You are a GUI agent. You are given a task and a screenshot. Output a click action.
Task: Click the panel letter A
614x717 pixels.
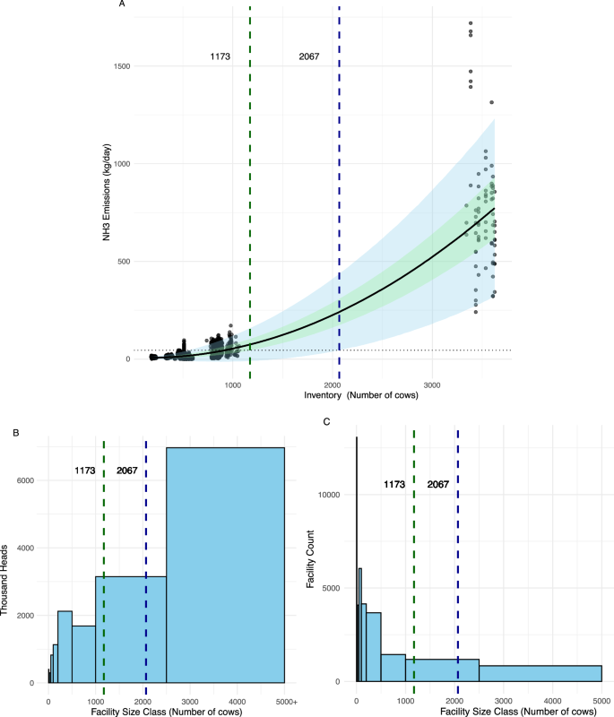point(122,4)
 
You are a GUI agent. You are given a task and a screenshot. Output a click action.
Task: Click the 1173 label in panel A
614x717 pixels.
point(221,56)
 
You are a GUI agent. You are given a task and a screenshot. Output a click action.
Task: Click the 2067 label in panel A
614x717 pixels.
point(309,56)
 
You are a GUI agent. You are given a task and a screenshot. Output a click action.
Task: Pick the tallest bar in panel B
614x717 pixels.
point(225,565)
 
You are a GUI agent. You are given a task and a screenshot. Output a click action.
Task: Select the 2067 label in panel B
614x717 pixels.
point(126,471)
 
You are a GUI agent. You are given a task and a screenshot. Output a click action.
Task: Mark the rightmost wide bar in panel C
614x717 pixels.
point(546,673)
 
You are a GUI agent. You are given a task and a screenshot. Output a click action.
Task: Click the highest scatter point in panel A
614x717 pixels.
point(471,23)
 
